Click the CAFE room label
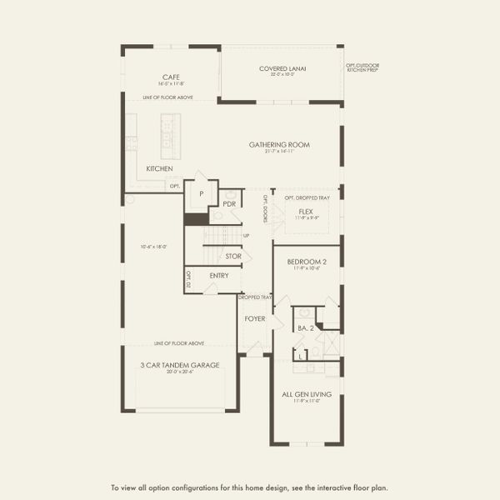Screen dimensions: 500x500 point(167,77)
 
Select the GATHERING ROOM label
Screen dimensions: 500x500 point(279,144)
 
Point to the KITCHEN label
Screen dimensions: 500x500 point(159,168)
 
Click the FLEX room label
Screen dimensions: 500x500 point(305,211)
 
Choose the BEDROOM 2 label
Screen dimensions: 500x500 point(307,262)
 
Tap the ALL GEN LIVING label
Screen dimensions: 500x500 point(307,393)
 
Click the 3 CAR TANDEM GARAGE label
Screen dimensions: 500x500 point(180,365)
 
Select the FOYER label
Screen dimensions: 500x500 point(254,318)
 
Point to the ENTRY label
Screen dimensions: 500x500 point(219,276)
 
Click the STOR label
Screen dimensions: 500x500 point(232,256)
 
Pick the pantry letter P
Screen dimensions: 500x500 point(201,193)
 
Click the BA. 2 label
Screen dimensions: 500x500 point(304,328)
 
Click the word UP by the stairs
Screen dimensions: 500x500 point(246,236)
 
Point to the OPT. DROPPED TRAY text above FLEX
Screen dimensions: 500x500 point(307,197)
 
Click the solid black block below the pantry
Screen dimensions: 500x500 point(196,218)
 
